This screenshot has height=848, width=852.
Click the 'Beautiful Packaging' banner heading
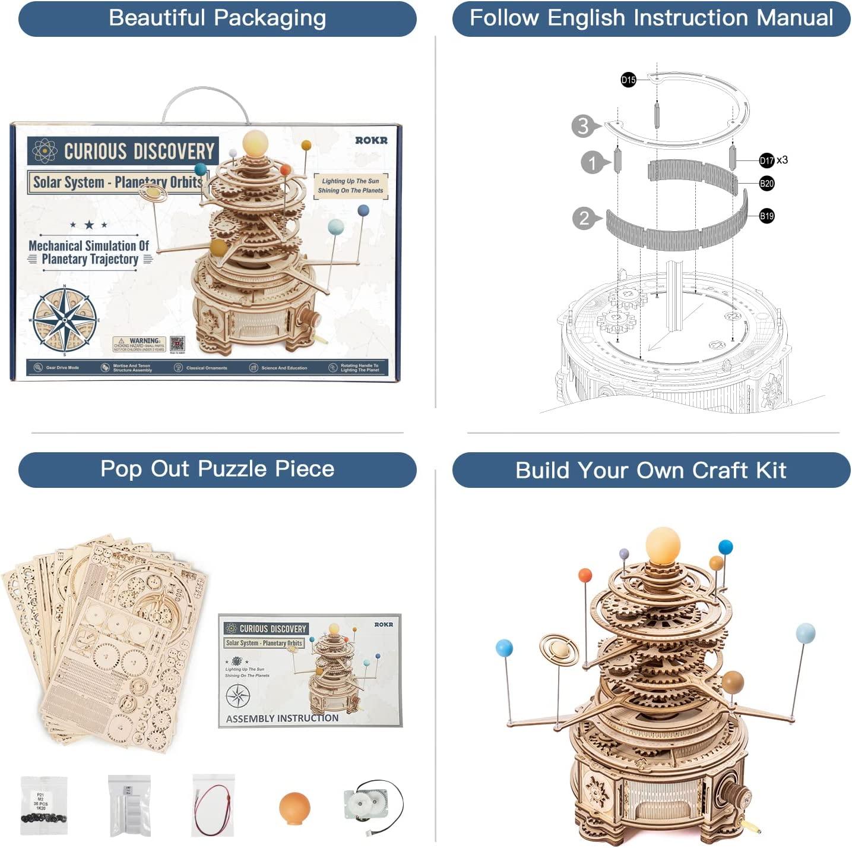217,18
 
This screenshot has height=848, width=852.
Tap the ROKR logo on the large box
371,140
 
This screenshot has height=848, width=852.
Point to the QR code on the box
177,343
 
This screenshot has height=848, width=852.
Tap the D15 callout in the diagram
628,80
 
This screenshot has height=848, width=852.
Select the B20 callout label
767,184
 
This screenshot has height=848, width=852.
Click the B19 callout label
767,216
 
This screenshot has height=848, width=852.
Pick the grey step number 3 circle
583,126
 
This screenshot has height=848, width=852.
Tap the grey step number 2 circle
584,218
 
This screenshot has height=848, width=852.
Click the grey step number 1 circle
592,162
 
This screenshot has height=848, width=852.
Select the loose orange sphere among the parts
294,807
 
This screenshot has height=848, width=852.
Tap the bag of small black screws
43,805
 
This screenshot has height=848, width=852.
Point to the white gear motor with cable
372,806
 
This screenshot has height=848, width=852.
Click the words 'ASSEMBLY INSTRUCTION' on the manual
282,718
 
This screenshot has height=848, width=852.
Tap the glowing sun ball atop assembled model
663,543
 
